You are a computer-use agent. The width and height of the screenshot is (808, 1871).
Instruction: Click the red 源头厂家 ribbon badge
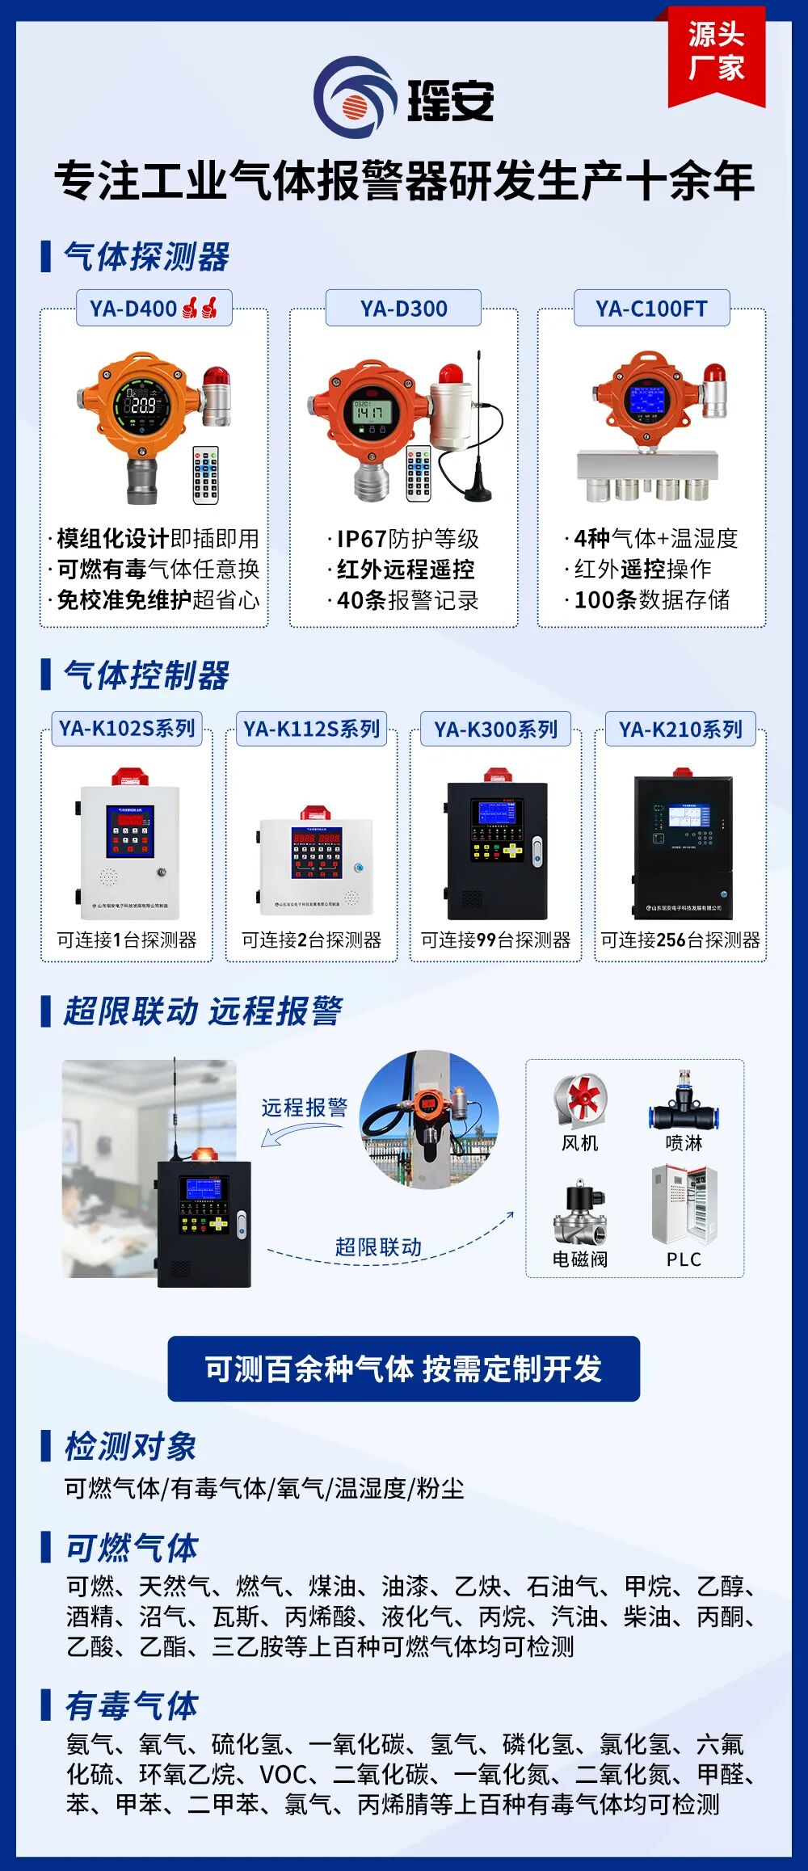click(x=716, y=53)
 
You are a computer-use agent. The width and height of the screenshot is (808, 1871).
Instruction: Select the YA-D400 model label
click(x=154, y=309)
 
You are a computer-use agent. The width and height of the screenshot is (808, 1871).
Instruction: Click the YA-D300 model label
click(x=403, y=309)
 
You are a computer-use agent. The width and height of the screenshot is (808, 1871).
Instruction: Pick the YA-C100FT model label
click(x=651, y=309)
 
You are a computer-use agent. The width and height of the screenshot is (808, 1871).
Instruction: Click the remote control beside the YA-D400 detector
click(x=205, y=474)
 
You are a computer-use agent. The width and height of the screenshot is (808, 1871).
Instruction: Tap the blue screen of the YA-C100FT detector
click(x=648, y=400)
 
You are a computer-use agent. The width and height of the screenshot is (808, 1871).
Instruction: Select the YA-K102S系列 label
click(x=127, y=729)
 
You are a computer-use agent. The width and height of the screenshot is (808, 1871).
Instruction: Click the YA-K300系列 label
click(x=495, y=729)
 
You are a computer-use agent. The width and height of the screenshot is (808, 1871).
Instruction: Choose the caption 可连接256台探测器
click(x=680, y=940)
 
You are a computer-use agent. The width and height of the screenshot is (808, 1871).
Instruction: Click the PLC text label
click(x=684, y=1259)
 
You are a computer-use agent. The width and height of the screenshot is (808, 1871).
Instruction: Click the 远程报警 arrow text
click(x=305, y=1108)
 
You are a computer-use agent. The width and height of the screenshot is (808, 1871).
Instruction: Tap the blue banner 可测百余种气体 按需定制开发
click(x=403, y=1369)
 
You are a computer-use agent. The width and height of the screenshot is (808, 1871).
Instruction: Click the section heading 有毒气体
click(x=132, y=1705)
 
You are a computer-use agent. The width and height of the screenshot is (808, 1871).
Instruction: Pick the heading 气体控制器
click(x=146, y=675)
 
